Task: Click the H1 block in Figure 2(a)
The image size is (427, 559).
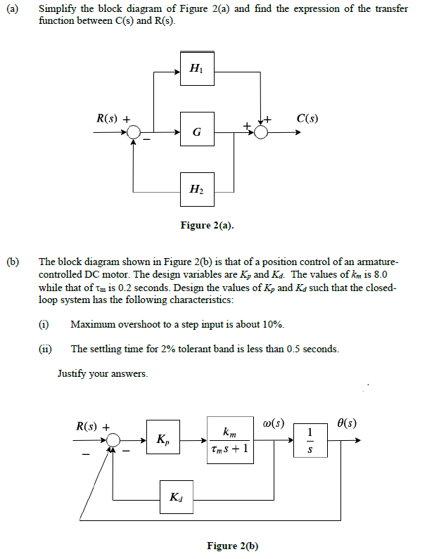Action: click(197, 68)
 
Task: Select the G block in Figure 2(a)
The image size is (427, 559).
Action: click(197, 129)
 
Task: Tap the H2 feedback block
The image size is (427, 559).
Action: click(197, 189)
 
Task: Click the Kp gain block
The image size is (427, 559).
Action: click(163, 437)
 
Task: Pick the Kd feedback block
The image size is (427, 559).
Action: click(177, 497)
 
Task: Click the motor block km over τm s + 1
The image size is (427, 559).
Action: click(231, 440)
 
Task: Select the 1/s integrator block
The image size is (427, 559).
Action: click(310, 440)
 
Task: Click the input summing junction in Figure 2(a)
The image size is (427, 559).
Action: click(134, 132)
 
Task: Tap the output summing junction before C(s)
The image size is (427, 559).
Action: click(262, 133)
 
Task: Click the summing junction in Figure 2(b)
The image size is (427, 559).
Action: click(113, 441)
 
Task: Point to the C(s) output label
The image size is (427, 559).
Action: click(307, 118)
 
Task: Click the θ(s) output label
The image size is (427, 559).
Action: click(347, 423)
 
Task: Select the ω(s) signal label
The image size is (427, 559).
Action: click(273, 423)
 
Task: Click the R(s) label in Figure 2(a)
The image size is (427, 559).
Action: click(107, 118)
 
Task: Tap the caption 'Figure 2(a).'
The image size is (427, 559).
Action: click(208, 225)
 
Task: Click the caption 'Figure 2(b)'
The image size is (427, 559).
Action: click(233, 546)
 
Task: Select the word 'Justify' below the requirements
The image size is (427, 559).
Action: click(72, 373)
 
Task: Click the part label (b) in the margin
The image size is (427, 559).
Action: click(13, 262)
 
